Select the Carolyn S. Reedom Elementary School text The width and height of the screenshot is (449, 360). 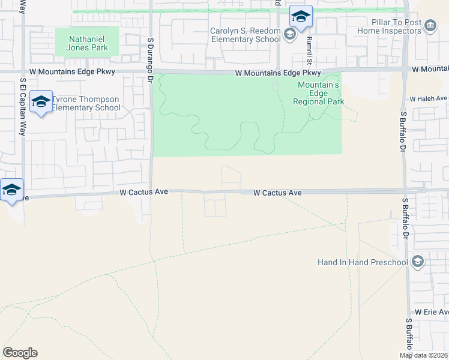[x=245, y=35]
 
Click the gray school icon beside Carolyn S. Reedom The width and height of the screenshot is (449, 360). [x=290, y=34]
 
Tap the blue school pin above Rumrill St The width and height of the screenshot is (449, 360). [x=300, y=16]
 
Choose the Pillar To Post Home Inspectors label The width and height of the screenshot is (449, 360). [x=389, y=26]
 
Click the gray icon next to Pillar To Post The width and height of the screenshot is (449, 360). [x=430, y=26]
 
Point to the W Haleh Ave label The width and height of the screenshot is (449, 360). [x=429, y=98]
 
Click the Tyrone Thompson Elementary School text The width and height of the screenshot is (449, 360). [x=86, y=103]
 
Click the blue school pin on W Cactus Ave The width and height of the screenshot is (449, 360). [x=11, y=190]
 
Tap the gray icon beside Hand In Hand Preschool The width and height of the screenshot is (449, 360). [x=418, y=262]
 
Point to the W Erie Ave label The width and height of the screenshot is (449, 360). [x=431, y=313]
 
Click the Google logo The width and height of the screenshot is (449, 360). [x=20, y=353]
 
